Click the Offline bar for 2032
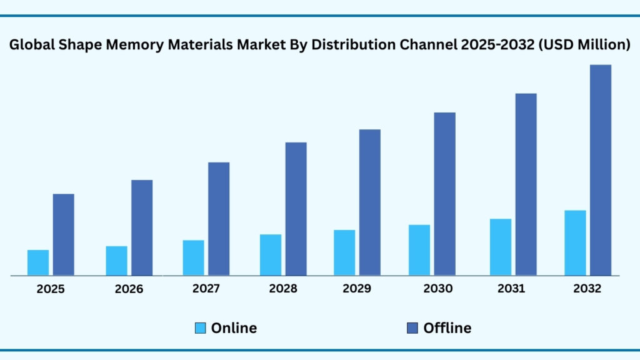(x=601, y=170)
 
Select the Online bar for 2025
(x=38, y=262)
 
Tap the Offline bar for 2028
(x=296, y=209)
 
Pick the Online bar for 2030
(x=419, y=250)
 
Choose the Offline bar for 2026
(x=142, y=227)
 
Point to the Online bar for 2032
(x=575, y=242)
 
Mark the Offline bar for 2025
(x=63, y=234)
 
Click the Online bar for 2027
(x=193, y=257)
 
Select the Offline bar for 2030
(x=444, y=194)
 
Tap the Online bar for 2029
(x=344, y=252)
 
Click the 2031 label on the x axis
(x=511, y=289)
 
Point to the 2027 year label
(x=206, y=289)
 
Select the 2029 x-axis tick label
(x=357, y=289)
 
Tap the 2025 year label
(x=51, y=289)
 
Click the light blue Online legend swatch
(x=200, y=328)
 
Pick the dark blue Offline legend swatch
(x=412, y=328)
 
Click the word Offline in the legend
(x=447, y=328)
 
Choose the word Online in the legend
(x=234, y=328)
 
